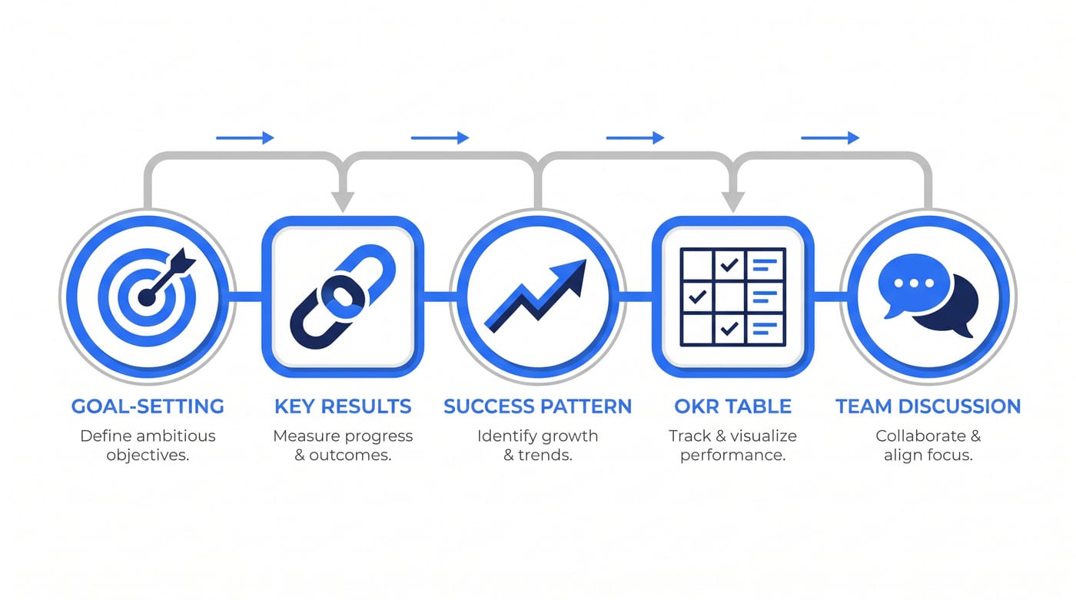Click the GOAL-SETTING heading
coord(148,406)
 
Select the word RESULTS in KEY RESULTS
coord(366,406)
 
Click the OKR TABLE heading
coord(732,406)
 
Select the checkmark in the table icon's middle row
coord(698,297)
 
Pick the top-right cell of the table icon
coord(765,264)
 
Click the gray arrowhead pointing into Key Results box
coord(343,201)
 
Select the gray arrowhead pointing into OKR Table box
coord(733,201)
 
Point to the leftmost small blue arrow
coord(245,138)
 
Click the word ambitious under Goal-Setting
coord(175,436)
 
